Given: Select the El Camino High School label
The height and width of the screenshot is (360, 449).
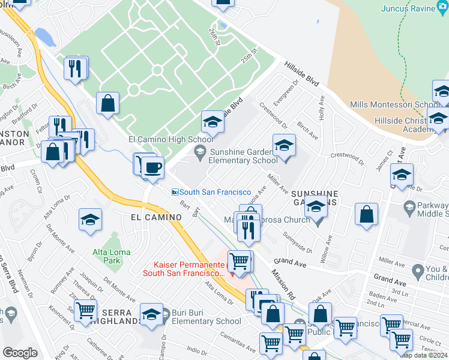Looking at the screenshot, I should [x=166, y=139].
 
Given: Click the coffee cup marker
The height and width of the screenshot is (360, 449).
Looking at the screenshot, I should [x=153, y=167].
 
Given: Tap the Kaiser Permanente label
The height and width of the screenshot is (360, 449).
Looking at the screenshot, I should [x=185, y=265].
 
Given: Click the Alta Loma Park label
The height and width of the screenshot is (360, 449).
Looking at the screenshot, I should [x=107, y=256].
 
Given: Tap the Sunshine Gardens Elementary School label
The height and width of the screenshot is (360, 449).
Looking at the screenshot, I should [x=243, y=156].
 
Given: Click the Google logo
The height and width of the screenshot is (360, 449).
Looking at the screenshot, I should [x=20, y=353].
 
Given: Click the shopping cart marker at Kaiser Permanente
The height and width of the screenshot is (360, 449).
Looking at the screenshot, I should [x=240, y=261].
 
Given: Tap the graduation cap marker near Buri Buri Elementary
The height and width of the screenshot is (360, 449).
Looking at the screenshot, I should [x=152, y=314].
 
